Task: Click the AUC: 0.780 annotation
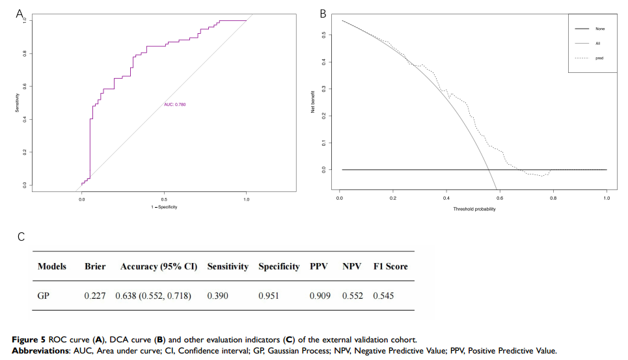(x=175, y=104)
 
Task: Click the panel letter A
(x=20, y=13)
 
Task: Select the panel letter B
(x=323, y=13)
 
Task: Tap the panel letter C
(x=21, y=236)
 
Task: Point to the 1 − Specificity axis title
(x=163, y=207)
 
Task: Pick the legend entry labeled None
(x=599, y=29)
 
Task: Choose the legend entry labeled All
(x=598, y=43)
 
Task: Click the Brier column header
(x=95, y=266)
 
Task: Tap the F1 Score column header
(x=390, y=266)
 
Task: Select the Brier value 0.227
(x=95, y=296)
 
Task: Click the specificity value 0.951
(x=269, y=296)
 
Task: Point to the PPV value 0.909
(x=320, y=296)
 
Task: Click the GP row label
(x=45, y=296)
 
